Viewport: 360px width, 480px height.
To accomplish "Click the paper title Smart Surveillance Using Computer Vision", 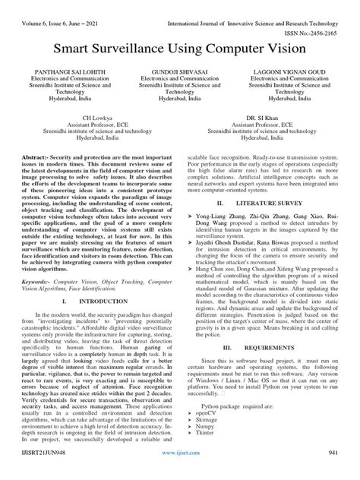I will point(180,49).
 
